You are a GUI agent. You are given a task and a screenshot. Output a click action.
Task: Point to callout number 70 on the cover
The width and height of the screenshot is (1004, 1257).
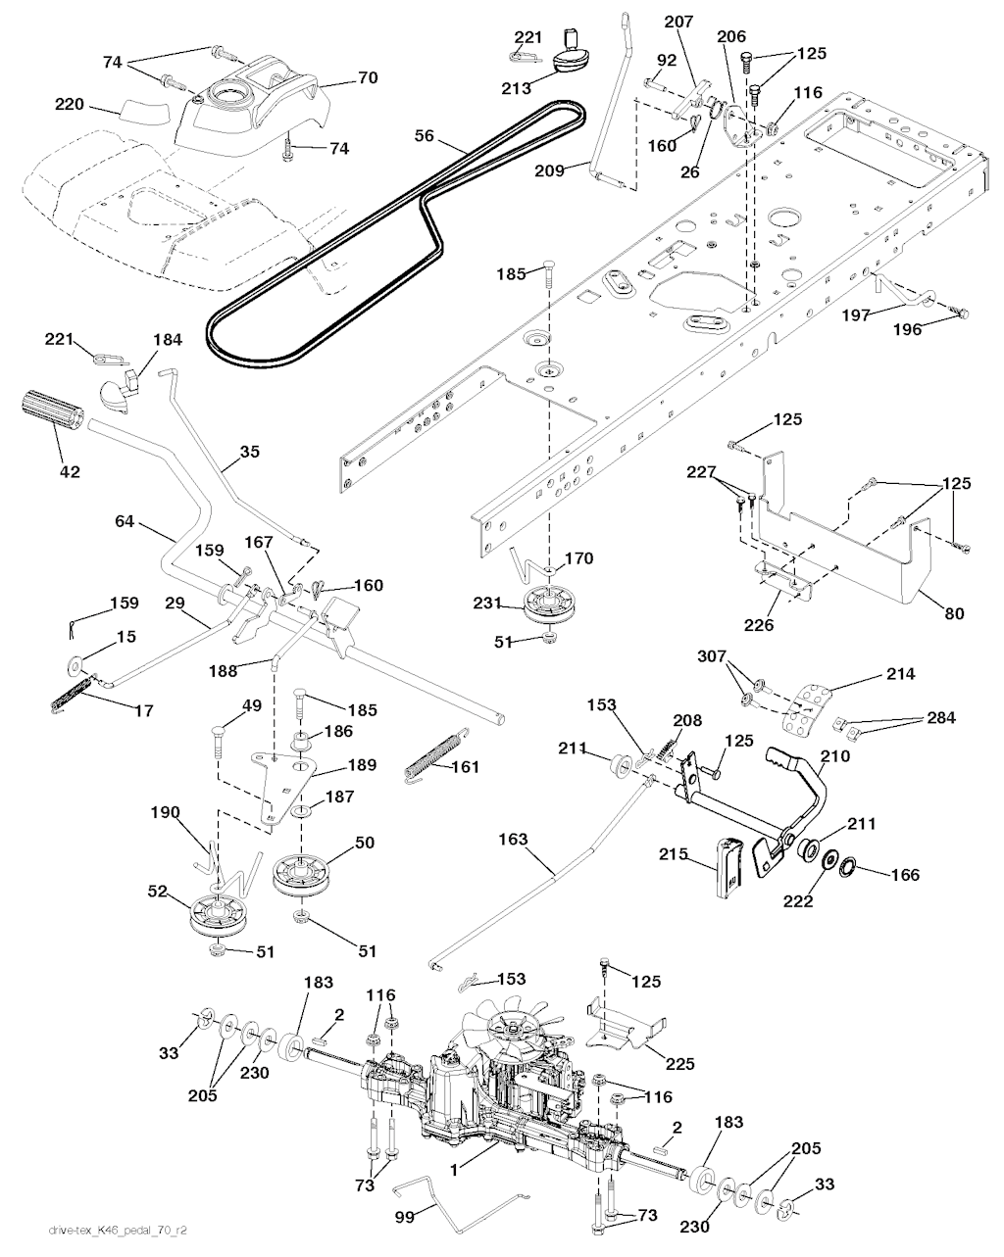pyautogui.click(x=367, y=77)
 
